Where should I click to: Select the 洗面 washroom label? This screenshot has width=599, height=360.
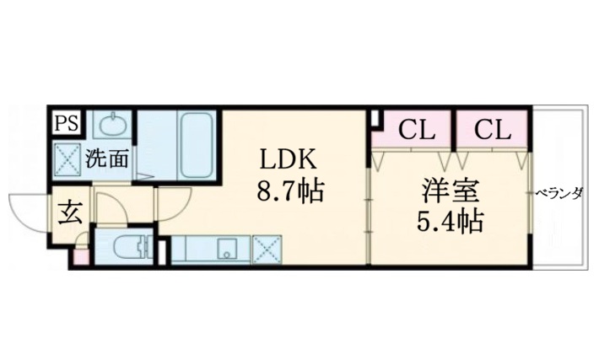105,157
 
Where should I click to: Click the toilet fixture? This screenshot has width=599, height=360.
127,249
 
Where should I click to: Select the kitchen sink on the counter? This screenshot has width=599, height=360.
226,250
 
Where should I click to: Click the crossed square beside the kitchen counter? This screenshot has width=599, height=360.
268,250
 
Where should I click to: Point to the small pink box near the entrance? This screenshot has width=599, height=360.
80,254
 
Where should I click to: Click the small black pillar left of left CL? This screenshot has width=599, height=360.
374,119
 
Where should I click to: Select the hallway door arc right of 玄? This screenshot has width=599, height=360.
109,207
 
